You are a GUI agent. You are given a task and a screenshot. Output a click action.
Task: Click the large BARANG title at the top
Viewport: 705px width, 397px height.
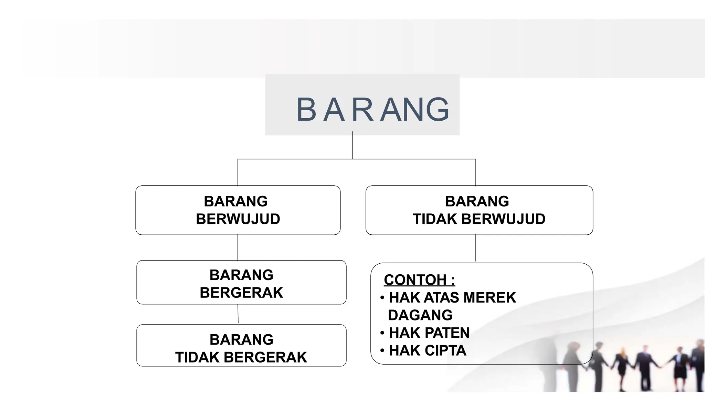pos(373,110)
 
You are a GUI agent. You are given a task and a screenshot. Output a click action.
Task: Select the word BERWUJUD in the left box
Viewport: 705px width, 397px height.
pos(238,219)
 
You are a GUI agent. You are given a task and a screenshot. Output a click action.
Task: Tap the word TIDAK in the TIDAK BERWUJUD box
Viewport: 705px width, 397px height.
pos(435,219)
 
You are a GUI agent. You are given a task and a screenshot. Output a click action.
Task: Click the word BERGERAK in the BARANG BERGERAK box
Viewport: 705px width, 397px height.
pos(241,293)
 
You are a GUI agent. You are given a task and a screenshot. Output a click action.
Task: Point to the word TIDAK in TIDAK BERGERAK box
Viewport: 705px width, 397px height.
pos(197,357)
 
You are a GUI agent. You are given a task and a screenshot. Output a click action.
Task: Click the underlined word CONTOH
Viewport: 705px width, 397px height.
pos(415,280)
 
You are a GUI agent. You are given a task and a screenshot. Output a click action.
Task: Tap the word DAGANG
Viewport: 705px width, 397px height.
pos(420,315)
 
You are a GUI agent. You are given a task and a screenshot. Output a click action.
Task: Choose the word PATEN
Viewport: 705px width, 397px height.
pos(447,333)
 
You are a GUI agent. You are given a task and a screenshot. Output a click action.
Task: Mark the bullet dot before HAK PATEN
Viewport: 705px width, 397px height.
pos(382,333)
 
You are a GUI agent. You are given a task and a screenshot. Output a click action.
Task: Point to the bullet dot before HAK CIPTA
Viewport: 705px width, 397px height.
pos(382,351)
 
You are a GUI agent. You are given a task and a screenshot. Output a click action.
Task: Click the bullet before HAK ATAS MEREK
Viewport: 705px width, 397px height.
pos(382,298)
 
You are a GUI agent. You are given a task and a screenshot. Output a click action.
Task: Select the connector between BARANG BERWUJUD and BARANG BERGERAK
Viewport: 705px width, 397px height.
pos(238,247)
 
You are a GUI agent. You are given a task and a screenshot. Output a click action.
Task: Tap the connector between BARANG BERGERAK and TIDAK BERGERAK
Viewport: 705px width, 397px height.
pos(238,314)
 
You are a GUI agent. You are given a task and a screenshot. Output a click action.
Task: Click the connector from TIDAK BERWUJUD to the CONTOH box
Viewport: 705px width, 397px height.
pos(476,248)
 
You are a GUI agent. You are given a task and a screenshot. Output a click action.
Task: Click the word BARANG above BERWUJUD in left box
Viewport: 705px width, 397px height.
pos(236,201)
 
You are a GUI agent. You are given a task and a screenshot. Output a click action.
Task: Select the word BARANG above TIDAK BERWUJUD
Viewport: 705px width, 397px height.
pos(477,201)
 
